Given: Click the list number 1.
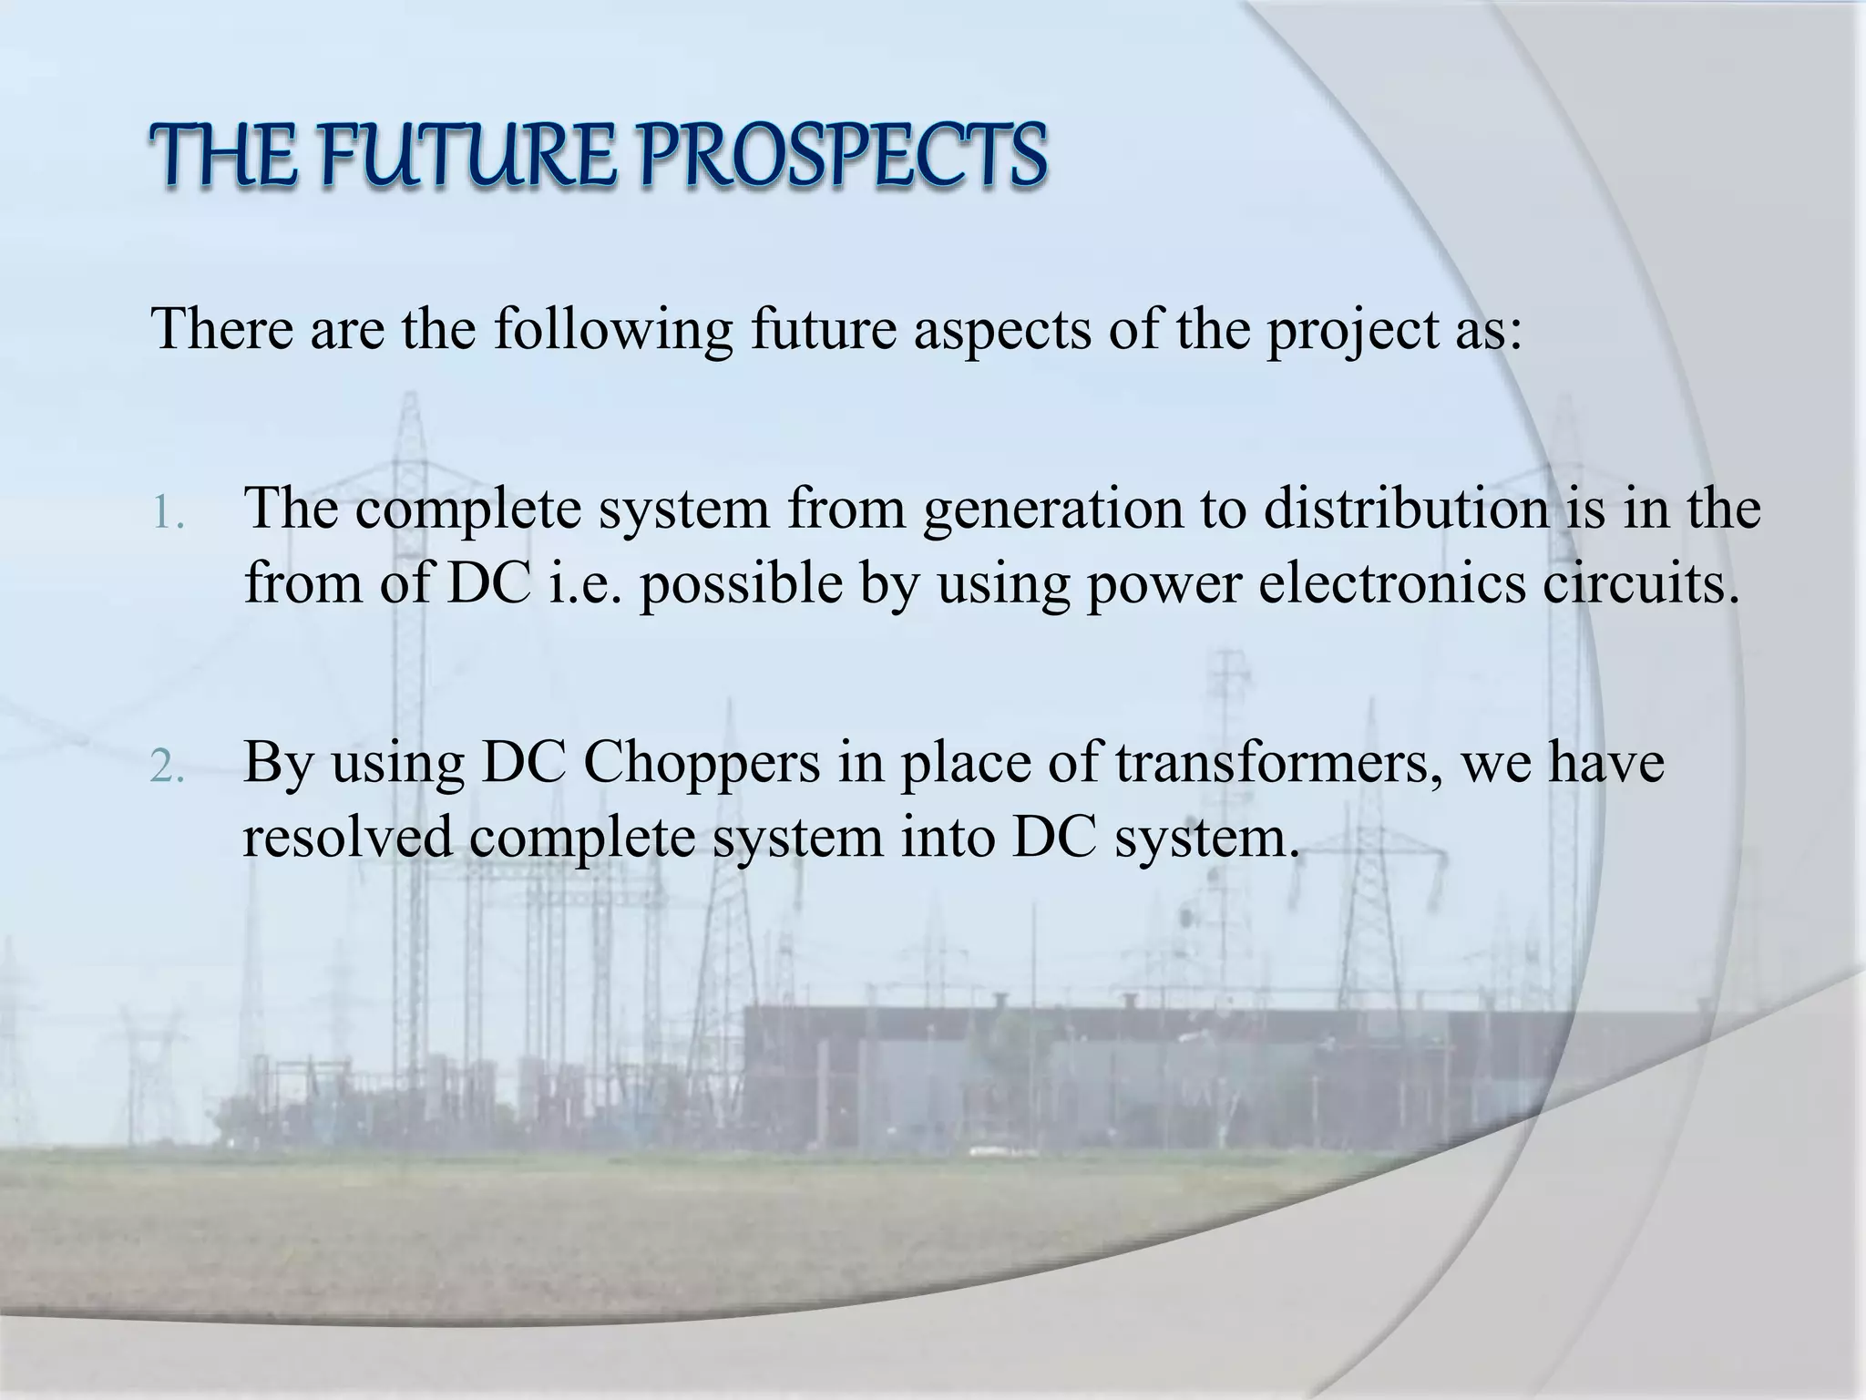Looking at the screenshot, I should tap(168, 516).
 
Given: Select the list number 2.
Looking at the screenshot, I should tap(168, 769).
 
